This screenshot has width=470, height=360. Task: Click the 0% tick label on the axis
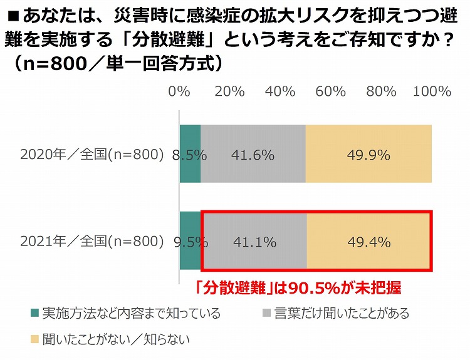click(179, 91)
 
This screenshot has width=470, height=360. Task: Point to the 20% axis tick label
click(229, 91)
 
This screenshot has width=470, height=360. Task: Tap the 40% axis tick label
click(279, 91)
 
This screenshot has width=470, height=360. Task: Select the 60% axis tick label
click(330, 91)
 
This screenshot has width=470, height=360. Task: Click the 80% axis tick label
click(381, 91)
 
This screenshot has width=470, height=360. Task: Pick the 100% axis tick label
click(432, 91)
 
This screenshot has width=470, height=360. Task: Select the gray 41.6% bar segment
click(253, 154)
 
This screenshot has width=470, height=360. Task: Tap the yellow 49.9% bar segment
click(369, 154)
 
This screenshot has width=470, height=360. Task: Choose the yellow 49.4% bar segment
click(369, 241)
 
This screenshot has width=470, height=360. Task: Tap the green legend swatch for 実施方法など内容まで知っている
click(33, 313)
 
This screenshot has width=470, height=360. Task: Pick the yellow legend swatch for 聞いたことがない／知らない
click(33, 340)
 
